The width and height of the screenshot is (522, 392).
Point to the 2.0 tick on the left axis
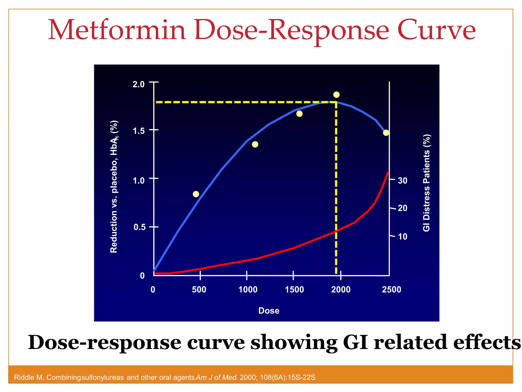(x=138, y=84)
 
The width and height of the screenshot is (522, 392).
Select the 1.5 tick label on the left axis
(x=138, y=131)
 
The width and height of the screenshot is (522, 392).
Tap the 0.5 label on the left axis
(x=139, y=227)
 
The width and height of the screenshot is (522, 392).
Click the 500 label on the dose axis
(x=199, y=290)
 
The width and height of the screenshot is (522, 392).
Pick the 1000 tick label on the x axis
(x=248, y=290)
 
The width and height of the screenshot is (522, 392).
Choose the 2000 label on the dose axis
(x=341, y=290)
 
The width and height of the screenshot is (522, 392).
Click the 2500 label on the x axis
(x=391, y=290)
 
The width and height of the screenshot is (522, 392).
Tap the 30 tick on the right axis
(x=403, y=181)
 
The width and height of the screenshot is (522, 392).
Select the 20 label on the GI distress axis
(x=403, y=208)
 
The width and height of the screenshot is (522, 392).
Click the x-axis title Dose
(x=269, y=311)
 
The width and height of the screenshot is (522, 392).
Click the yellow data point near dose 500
(x=196, y=194)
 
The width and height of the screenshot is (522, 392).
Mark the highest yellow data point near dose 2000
(x=336, y=95)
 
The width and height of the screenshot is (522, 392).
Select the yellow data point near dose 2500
(x=386, y=133)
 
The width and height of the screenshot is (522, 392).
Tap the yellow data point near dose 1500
(x=299, y=114)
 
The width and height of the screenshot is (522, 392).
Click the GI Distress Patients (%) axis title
(x=426, y=183)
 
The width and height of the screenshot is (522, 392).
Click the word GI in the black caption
(x=356, y=342)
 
